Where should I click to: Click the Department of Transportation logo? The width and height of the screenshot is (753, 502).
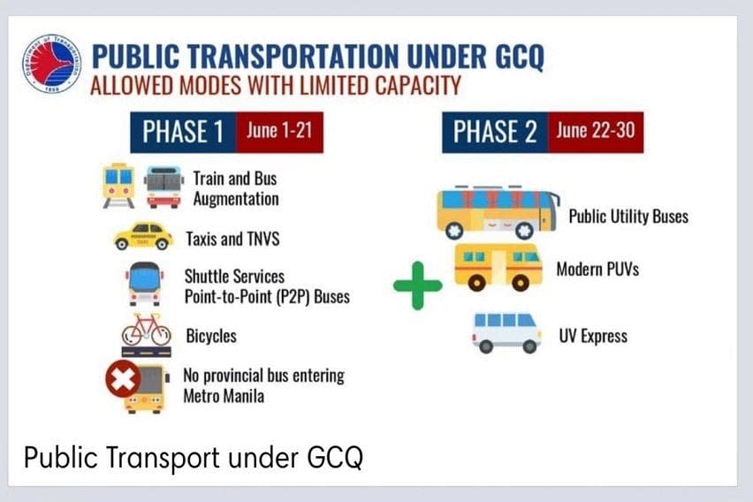[51, 64]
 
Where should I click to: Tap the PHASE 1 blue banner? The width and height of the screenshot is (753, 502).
[183, 132]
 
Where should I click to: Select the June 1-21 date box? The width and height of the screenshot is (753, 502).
[279, 132]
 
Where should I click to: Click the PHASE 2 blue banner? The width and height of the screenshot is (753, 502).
[495, 132]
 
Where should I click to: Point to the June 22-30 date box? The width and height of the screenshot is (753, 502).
[596, 132]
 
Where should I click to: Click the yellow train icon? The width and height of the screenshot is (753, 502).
[118, 186]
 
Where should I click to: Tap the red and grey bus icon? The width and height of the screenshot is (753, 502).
[164, 186]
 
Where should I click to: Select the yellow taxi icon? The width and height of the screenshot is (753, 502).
[143, 236]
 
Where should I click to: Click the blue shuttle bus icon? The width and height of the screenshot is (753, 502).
[144, 284]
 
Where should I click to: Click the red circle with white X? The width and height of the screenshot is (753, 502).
[123, 379]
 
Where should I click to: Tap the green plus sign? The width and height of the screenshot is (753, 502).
[417, 285]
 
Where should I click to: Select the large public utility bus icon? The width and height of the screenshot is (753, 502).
[498, 212]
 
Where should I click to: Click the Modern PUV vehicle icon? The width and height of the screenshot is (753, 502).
[498, 267]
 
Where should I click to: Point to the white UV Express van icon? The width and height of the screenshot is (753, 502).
[506, 333]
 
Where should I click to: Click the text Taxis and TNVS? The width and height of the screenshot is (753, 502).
[233, 239]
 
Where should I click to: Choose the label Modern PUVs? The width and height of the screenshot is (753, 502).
[597, 269]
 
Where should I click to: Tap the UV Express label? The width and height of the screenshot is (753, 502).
[593, 336]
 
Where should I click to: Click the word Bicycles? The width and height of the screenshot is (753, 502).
[211, 336]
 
